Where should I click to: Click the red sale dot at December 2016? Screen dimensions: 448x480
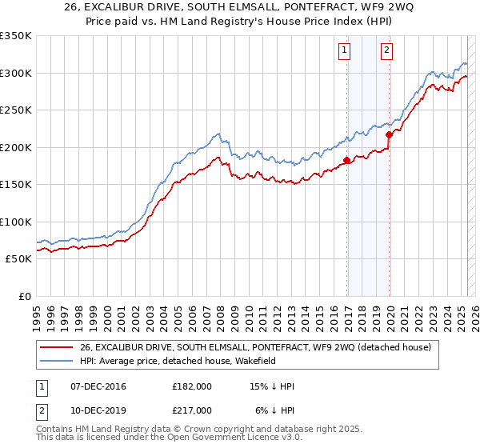click(346, 160)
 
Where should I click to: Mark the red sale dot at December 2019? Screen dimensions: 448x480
click(389, 134)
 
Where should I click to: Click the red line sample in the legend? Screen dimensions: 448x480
click(58, 347)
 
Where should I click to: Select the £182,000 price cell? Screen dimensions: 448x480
click(191, 386)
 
